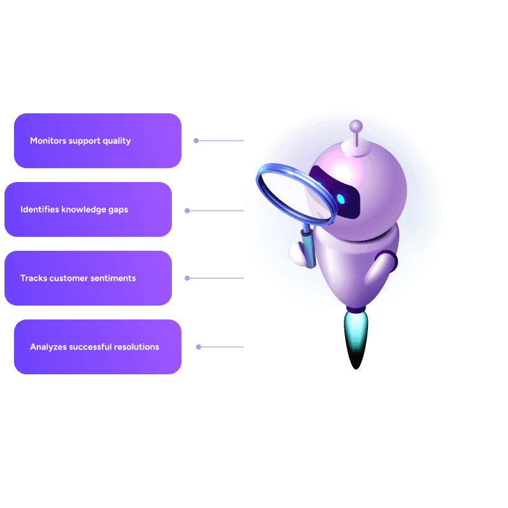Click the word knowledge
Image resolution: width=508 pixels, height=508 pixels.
pyautogui.click(x=83, y=210)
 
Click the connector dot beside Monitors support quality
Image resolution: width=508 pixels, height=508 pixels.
pyautogui.click(x=196, y=141)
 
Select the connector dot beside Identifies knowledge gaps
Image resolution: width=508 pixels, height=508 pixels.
pyautogui.click(x=187, y=211)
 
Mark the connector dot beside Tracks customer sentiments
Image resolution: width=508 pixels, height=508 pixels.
pyautogui.click(x=187, y=278)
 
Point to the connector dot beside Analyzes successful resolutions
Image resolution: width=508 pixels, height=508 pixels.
pyautogui.click(x=199, y=347)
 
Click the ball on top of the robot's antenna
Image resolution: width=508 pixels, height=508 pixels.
pyautogui.click(x=356, y=125)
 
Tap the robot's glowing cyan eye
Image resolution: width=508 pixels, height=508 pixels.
pyautogui.click(x=341, y=199)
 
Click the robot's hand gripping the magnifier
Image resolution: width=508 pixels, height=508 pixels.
pyautogui.click(x=297, y=253)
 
